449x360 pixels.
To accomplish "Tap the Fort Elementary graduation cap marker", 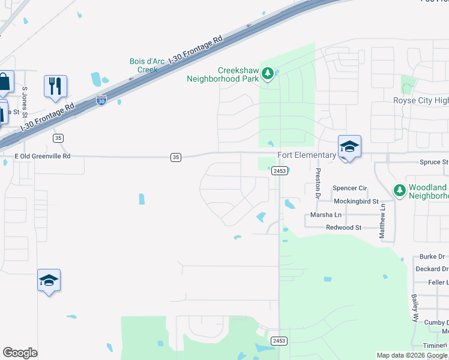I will click(x=349, y=146).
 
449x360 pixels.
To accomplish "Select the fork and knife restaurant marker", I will click(x=55, y=86).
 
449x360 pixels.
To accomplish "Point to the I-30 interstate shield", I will click(x=102, y=101).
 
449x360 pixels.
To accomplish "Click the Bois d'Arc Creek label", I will click(x=143, y=65).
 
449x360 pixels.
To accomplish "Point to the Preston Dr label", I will click(x=318, y=183).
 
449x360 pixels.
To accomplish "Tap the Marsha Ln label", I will click(x=325, y=215).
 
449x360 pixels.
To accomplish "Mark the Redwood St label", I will click(x=343, y=228).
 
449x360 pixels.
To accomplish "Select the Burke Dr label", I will click(x=432, y=257).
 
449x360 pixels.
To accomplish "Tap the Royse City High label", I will click(x=420, y=101).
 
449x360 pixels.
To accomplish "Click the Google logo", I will click(x=20, y=353).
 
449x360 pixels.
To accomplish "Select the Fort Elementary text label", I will click(x=306, y=155).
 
